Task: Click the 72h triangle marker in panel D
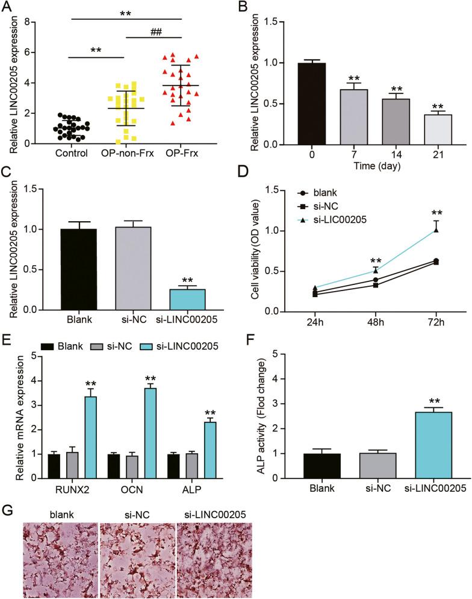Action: point(436,230)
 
